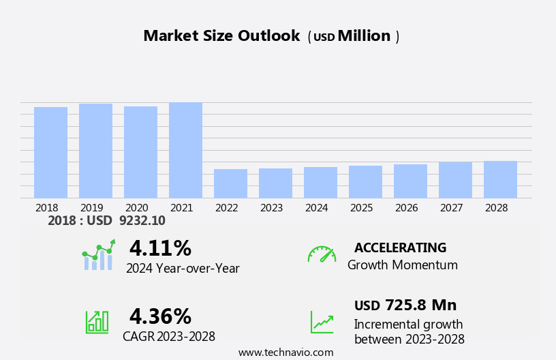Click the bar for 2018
coord(50,153)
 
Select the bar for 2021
coord(185,150)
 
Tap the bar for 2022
coord(230,183)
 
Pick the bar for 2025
coord(365,182)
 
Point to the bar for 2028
coord(500,179)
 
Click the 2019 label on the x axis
coord(91,208)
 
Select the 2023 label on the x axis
coord(271,208)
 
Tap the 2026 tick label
coord(406,208)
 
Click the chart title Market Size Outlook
coord(221,36)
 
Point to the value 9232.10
coord(142,221)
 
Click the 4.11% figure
coord(160,248)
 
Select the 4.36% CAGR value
coord(160,316)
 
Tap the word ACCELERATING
coord(400,248)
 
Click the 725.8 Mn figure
coord(420,305)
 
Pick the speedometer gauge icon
coord(322,254)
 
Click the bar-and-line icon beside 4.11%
coord(98,255)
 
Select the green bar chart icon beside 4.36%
coord(97,321)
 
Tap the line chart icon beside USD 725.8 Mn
coord(322,322)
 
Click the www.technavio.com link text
coord(285,352)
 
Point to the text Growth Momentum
coord(402,265)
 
